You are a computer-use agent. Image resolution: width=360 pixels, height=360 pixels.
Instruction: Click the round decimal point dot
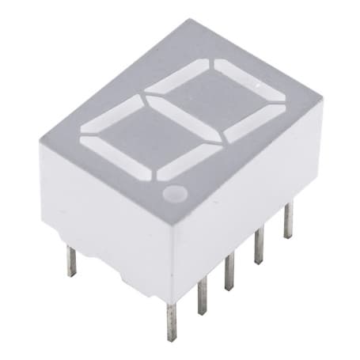coord(174,192)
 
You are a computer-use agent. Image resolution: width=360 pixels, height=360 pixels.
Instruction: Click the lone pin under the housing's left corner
coord(70,261)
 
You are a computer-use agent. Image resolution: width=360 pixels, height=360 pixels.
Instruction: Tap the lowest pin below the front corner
coord(171,320)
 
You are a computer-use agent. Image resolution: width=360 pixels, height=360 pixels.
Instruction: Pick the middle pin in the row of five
coord(229,274)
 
